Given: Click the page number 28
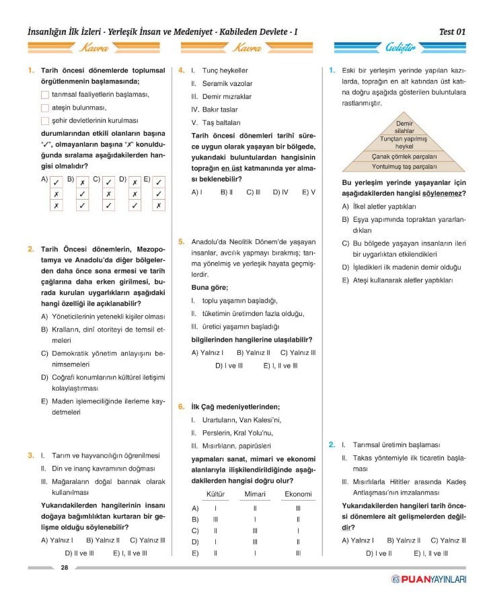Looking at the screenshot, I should [65, 567].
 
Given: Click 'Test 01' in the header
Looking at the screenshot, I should [452, 32].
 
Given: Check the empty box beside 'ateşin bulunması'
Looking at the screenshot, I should [44, 108].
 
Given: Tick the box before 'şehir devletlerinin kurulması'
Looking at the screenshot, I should [44, 120].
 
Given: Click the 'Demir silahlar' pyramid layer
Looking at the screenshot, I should [404, 127].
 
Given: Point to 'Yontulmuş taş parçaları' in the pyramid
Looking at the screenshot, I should [404, 166].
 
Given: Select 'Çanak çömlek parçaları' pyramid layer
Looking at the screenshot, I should [404, 156].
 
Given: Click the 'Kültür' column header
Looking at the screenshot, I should [215, 494].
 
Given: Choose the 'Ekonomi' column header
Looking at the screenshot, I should [298, 494].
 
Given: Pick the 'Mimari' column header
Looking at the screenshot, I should [256, 494].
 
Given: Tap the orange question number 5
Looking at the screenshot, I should [181, 241].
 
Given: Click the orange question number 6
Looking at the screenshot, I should [181, 406].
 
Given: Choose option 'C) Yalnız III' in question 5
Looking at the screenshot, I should [298, 352].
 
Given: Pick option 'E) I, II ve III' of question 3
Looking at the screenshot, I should [130, 553].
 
